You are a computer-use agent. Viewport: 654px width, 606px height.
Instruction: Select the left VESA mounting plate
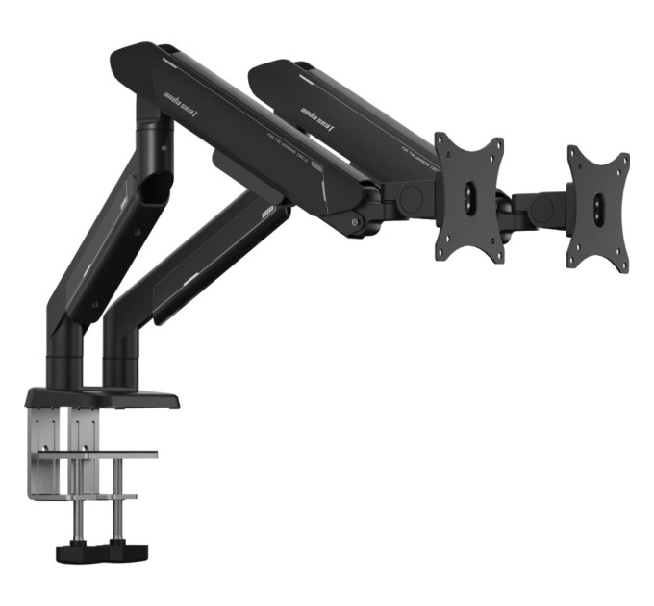coord(469,198)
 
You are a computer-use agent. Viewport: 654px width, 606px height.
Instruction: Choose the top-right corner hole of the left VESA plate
coord(496,143)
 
